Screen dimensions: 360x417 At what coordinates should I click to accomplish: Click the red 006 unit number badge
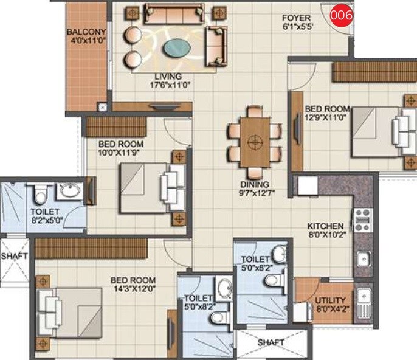(341, 16)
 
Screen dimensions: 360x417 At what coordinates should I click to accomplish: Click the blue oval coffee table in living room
(177, 47)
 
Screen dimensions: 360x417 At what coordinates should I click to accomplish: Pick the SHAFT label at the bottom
(271, 343)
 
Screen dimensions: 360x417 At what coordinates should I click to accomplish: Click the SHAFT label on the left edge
(13, 256)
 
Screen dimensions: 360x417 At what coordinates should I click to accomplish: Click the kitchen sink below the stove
(364, 258)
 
